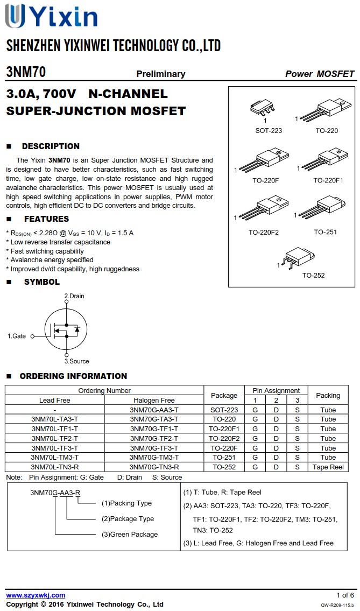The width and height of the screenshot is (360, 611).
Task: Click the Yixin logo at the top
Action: coord(51,16)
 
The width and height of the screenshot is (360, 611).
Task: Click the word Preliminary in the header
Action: coord(160,74)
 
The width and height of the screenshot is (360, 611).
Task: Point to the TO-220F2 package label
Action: coord(264,233)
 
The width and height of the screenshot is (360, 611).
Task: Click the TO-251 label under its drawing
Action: coord(326,233)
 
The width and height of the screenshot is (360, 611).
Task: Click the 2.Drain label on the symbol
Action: coord(74,296)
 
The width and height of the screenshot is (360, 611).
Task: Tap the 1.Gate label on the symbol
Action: coord(17,336)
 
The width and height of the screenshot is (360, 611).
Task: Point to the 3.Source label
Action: coord(76,361)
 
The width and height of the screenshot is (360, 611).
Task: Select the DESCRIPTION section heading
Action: coord(51,146)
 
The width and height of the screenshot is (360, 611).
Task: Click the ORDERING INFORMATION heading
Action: coord(73,376)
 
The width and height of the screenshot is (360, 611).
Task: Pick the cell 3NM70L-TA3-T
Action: coord(55,419)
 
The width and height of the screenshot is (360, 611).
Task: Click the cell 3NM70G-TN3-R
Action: coord(154,467)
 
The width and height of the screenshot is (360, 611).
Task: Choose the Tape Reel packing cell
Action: coord(328,467)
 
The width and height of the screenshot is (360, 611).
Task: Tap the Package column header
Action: coord(224,395)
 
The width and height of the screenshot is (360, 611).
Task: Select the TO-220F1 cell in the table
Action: coord(224,429)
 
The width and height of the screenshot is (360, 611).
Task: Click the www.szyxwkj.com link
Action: coord(36,595)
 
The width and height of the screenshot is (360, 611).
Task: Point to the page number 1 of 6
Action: coord(345,595)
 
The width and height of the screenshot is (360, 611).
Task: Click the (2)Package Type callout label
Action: coord(128,519)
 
